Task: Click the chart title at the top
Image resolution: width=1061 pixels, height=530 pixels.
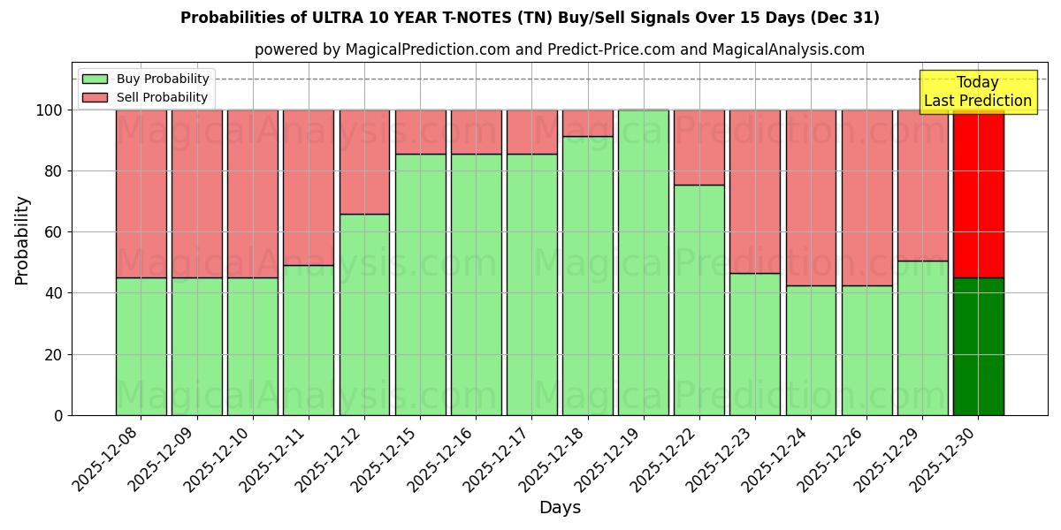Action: point(530,18)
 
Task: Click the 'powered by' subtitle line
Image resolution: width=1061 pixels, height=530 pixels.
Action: point(559,49)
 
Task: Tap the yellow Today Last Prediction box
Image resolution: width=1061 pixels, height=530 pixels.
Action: point(977,92)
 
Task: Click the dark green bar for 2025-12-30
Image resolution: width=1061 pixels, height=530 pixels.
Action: point(978,346)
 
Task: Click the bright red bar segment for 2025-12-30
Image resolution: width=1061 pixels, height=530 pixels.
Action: point(978,194)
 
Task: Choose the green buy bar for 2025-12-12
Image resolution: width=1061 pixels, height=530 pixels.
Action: point(364,314)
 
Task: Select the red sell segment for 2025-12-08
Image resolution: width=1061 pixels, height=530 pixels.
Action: point(141,194)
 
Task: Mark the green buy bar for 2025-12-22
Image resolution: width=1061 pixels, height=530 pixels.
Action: point(699,300)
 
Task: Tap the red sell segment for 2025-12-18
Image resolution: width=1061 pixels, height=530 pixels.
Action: point(588,123)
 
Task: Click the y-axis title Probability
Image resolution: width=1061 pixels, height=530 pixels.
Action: point(22,240)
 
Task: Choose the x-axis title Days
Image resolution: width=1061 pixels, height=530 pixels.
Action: point(560,508)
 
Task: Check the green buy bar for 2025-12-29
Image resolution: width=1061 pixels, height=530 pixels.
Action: point(922,337)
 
